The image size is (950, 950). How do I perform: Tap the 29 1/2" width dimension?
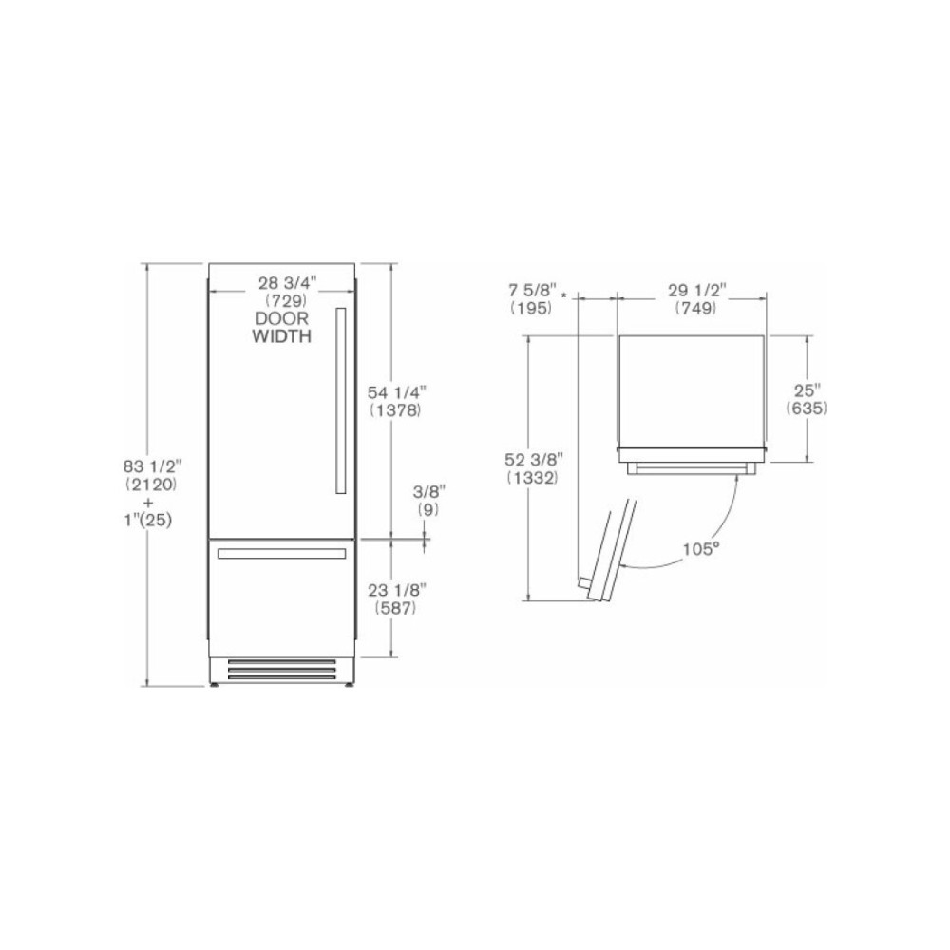[695, 290]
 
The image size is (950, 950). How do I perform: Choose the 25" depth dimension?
[807, 390]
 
